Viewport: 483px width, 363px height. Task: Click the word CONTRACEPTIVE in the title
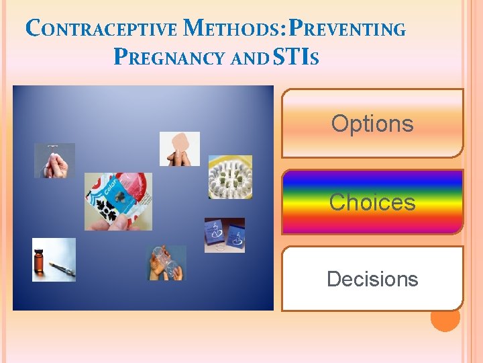(101, 30)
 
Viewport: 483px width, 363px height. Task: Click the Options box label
(372, 124)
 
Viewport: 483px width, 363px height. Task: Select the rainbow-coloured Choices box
(372, 202)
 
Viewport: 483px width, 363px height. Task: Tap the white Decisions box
(372, 279)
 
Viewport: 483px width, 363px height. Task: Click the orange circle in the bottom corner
(445, 317)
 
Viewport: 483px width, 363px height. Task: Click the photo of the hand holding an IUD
(54, 161)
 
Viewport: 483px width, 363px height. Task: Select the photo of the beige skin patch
(179, 149)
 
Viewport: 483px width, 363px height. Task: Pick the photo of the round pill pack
(229, 177)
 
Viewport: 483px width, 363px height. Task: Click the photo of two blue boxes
(224, 235)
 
